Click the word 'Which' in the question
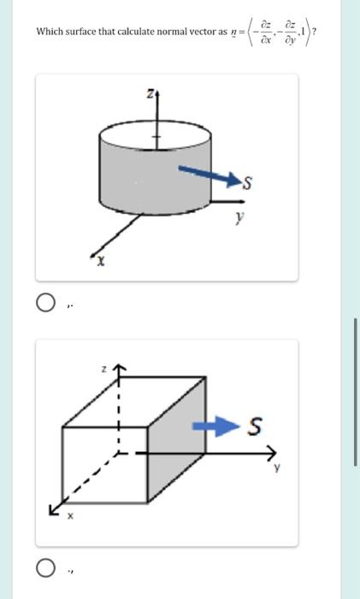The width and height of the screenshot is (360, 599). (50, 32)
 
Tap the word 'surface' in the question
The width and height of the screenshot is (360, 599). (84, 32)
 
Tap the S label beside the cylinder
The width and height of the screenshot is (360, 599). (250, 181)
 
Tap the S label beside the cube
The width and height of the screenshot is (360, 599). (255, 425)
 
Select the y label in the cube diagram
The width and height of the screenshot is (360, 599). (276, 468)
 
